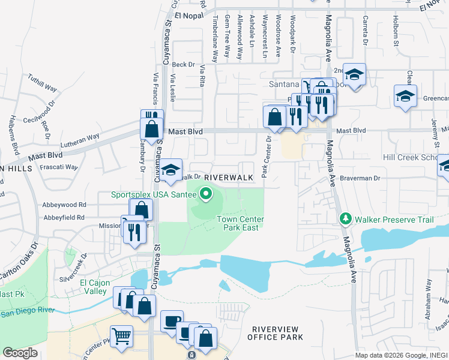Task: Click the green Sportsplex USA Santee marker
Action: coord(206,194)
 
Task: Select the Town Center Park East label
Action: coord(240,223)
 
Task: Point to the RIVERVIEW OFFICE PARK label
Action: coord(278,333)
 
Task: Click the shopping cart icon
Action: coord(121,336)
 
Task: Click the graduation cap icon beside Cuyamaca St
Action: coord(170,170)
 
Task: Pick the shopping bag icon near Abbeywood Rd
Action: coord(141,209)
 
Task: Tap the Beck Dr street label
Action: coord(184,65)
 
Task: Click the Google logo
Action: coord(20,353)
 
